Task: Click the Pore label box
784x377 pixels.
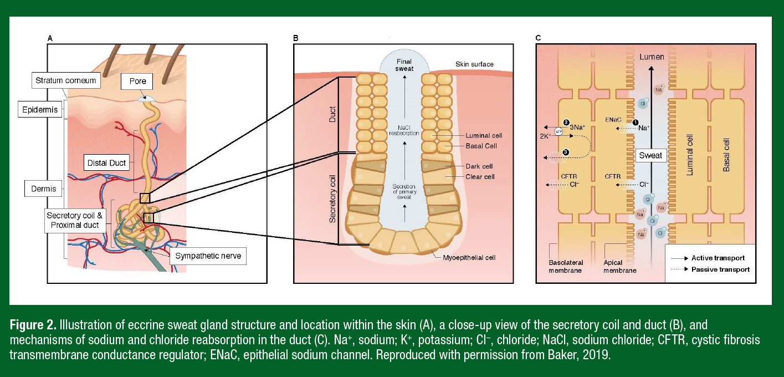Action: [138, 81]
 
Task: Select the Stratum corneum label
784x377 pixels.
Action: [65, 80]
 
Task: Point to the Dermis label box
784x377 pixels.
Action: [43, 188]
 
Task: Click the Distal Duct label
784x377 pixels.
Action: [107, 163]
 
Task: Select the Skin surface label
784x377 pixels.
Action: [474, 64]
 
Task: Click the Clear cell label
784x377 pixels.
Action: [480, 177]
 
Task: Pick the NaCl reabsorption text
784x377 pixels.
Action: [404, 131]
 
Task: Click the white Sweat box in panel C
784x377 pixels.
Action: [650, 155]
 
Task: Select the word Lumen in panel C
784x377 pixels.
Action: [651, 57]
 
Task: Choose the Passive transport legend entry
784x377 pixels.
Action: [719, 269]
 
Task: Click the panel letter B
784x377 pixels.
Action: [295, 38]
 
